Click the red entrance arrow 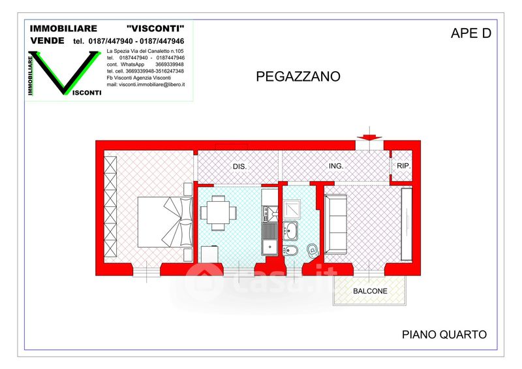pos(369,137)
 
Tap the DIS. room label pos(239,167)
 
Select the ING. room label pos(336,166)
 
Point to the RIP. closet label pos(403,166)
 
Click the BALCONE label pos(370,291)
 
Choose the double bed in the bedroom pos(165,222)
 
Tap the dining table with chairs pos(219,213)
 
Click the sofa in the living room pos(335,224)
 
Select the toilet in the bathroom pos(313,249)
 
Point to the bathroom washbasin pos(290,230)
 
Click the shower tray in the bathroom pos(292,209)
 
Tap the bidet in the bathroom pos(288,250)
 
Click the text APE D pos(470,33)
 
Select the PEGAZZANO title pos(298,76)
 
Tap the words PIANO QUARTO pos(444,334)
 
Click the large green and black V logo pos(65,72)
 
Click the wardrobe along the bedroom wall pos(110,206)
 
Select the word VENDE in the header pos(47,40)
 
